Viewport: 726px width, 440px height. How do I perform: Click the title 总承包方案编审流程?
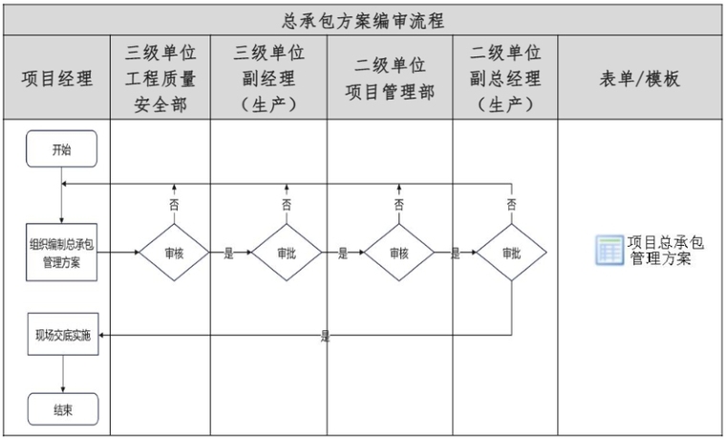click(x=363, y=21)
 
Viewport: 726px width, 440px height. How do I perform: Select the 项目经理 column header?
click(x=57, y=78)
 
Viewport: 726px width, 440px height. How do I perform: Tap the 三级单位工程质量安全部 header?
click(x=160, y=78)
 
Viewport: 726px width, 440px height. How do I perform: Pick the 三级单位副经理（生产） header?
click(x=269, y=78)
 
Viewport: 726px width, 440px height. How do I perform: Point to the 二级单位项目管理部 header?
click(x=390, y=78)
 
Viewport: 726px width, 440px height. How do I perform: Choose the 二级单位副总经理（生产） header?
click(x=505, y=78)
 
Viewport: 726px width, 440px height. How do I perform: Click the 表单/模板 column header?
click(x=640, y=78)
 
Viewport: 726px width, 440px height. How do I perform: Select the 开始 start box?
click(x=61, y=149)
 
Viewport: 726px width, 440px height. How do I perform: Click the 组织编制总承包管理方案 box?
click(x=61, y=253)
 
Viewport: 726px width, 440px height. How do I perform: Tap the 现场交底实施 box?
click(x=63, y=334)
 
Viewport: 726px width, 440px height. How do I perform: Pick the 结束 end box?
click(x=63, y=409)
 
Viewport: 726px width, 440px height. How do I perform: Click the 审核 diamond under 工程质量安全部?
click(x=174, y=253)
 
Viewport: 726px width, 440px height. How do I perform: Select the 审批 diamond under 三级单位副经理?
click(x=287, y=253)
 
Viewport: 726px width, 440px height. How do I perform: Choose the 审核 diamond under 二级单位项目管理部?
click(x=399, y=253)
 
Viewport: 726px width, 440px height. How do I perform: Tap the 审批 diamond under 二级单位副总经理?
click(x=512, y=253)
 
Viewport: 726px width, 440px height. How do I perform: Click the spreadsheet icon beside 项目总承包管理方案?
click(x=609, y=251)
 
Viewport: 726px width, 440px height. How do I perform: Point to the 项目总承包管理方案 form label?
click(x=666, y=251)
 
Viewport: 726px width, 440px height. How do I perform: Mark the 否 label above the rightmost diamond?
click(x=512, y=205)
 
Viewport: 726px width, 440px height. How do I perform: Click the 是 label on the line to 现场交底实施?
click(x=326, y=336)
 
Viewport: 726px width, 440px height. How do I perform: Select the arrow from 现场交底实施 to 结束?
click(x=63, y=374)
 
